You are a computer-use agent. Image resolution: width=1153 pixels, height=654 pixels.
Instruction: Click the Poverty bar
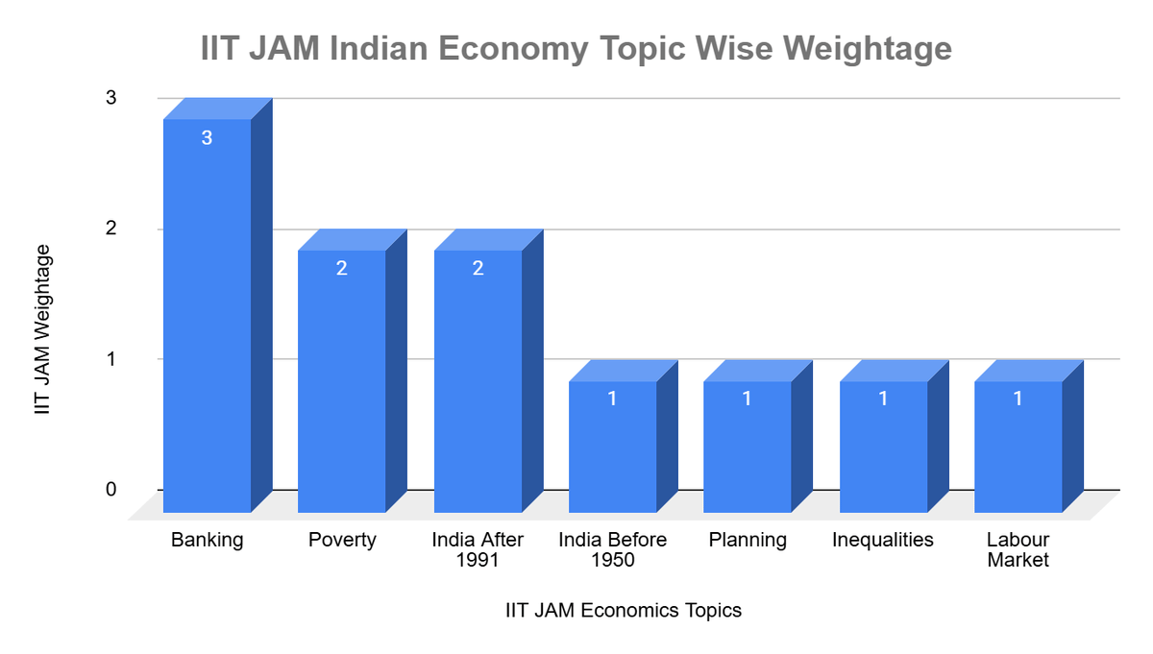click(342, 384)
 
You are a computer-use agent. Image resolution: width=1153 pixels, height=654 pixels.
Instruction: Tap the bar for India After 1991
click(478, 384)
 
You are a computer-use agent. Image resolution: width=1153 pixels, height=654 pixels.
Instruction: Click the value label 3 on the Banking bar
click(207, 137)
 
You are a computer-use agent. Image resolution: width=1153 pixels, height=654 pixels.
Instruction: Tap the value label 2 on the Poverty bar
click(342, 268)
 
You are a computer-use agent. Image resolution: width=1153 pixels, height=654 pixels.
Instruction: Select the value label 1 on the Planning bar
click(747, 398)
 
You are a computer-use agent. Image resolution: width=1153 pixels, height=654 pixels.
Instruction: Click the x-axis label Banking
click(208, 540)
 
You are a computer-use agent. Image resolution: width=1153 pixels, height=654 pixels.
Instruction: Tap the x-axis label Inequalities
click(883, 540)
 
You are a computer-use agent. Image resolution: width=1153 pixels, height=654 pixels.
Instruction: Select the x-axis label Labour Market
click(1018, 549)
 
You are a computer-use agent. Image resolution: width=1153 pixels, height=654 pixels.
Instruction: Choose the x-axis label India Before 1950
click(612, 549)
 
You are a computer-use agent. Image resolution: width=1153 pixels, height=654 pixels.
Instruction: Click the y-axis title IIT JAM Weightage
click(42, 328)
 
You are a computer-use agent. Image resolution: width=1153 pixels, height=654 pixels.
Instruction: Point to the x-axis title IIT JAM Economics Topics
click(624, 611)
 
